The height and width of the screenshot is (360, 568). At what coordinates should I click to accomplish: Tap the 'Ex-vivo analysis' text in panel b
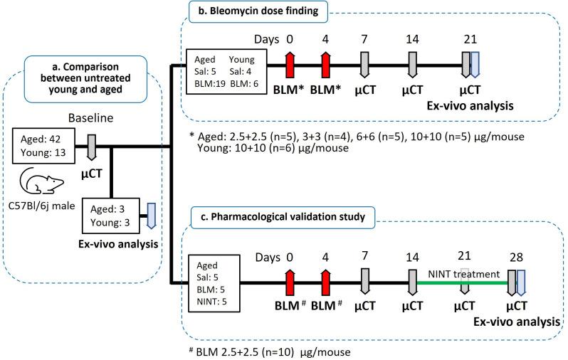(468, 105)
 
